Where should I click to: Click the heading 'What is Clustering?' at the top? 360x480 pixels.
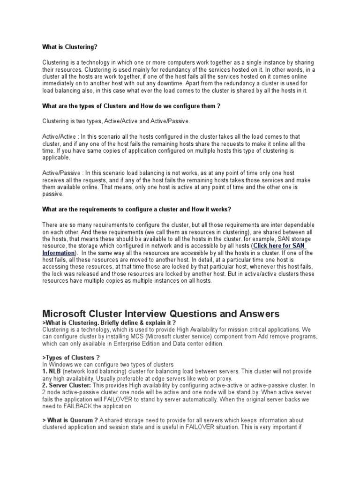click(70, 47)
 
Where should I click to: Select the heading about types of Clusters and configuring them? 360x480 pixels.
click(131, 106)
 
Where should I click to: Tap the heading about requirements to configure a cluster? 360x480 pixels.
click(137, 209)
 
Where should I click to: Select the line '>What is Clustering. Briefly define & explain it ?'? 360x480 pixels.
click(109, 323)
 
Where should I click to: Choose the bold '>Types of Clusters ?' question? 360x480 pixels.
click(71, 358)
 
